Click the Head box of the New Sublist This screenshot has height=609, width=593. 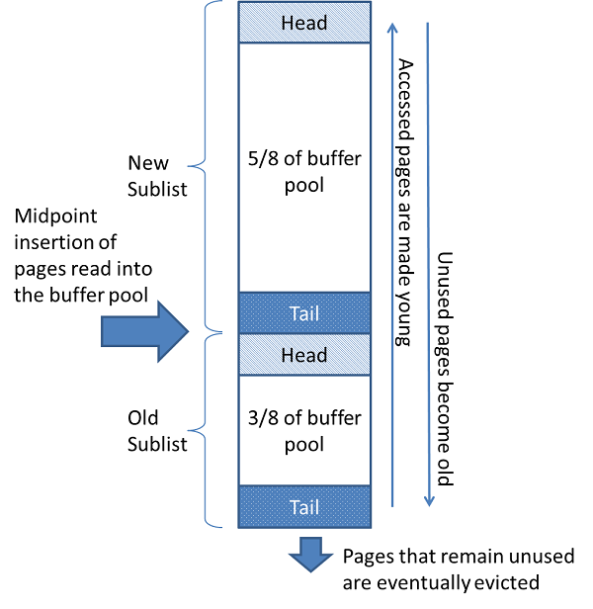[x=304, y=23]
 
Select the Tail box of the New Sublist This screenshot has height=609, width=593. [x=304, y=312]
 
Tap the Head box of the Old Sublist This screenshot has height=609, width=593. [x=304, y=354]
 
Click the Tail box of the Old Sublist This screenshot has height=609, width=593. [x=304, y=506]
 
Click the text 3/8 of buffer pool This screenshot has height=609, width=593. [x=304, y=429]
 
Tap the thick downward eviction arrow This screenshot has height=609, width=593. [x=311, y=554]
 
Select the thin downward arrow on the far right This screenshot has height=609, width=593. [x=428, y=257]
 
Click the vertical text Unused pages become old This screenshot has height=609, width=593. [x=445, y=365]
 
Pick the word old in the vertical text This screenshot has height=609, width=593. [x=445, y=470]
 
